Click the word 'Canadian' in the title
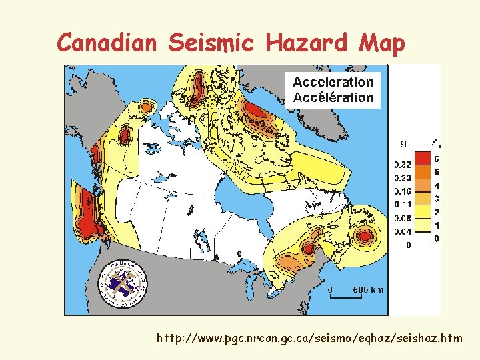(x=107, y=43)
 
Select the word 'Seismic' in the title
(x=211, y=43)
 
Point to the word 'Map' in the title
(x=382, y=43)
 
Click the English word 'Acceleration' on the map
(x=333, y=82)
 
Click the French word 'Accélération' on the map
(x=333, y=97)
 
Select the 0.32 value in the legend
(x=402, y=165)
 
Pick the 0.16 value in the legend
(x=402, y=191)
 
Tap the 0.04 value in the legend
(x=402, y=231)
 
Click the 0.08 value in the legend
(x=402, y=217)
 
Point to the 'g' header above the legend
(x=402, y=142)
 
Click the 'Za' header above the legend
(x=435, y=142)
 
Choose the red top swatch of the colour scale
(x=421, y=159)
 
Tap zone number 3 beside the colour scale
(x=436, y=199)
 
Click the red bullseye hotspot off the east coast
(x=365, y=236)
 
